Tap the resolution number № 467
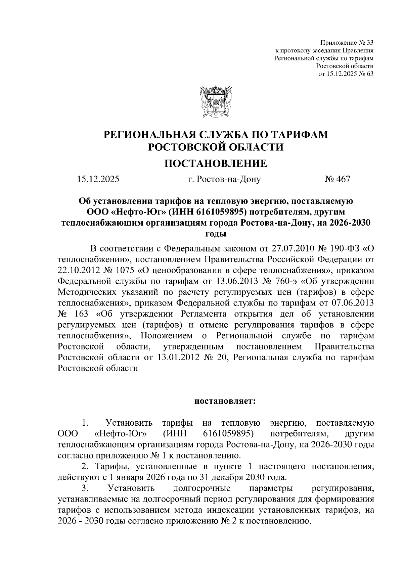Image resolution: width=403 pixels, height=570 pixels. click(x=337, y=179)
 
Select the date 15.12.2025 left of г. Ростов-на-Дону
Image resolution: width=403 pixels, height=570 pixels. click(x=98, y=179)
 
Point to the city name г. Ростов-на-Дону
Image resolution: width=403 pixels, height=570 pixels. click(x=224, y=180)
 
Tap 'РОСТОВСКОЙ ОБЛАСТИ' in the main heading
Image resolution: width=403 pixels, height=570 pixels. click(x=216, y=147)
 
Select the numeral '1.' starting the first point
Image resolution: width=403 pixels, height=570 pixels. click(x=85, y=423)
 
